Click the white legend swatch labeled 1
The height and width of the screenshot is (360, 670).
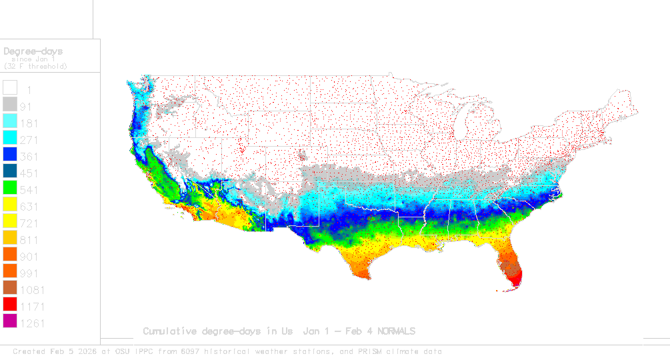point(10,88)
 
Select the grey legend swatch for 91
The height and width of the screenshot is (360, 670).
point(10,105)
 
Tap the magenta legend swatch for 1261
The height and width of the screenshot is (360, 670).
point(10,323)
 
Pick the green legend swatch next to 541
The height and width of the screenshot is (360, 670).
point(10,189)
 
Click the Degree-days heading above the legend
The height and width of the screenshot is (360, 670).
point(33,51)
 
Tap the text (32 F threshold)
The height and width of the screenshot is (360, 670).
point(35,66)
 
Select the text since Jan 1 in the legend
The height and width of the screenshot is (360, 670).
point(33,59)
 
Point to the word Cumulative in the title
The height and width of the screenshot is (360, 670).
point(171,331)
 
